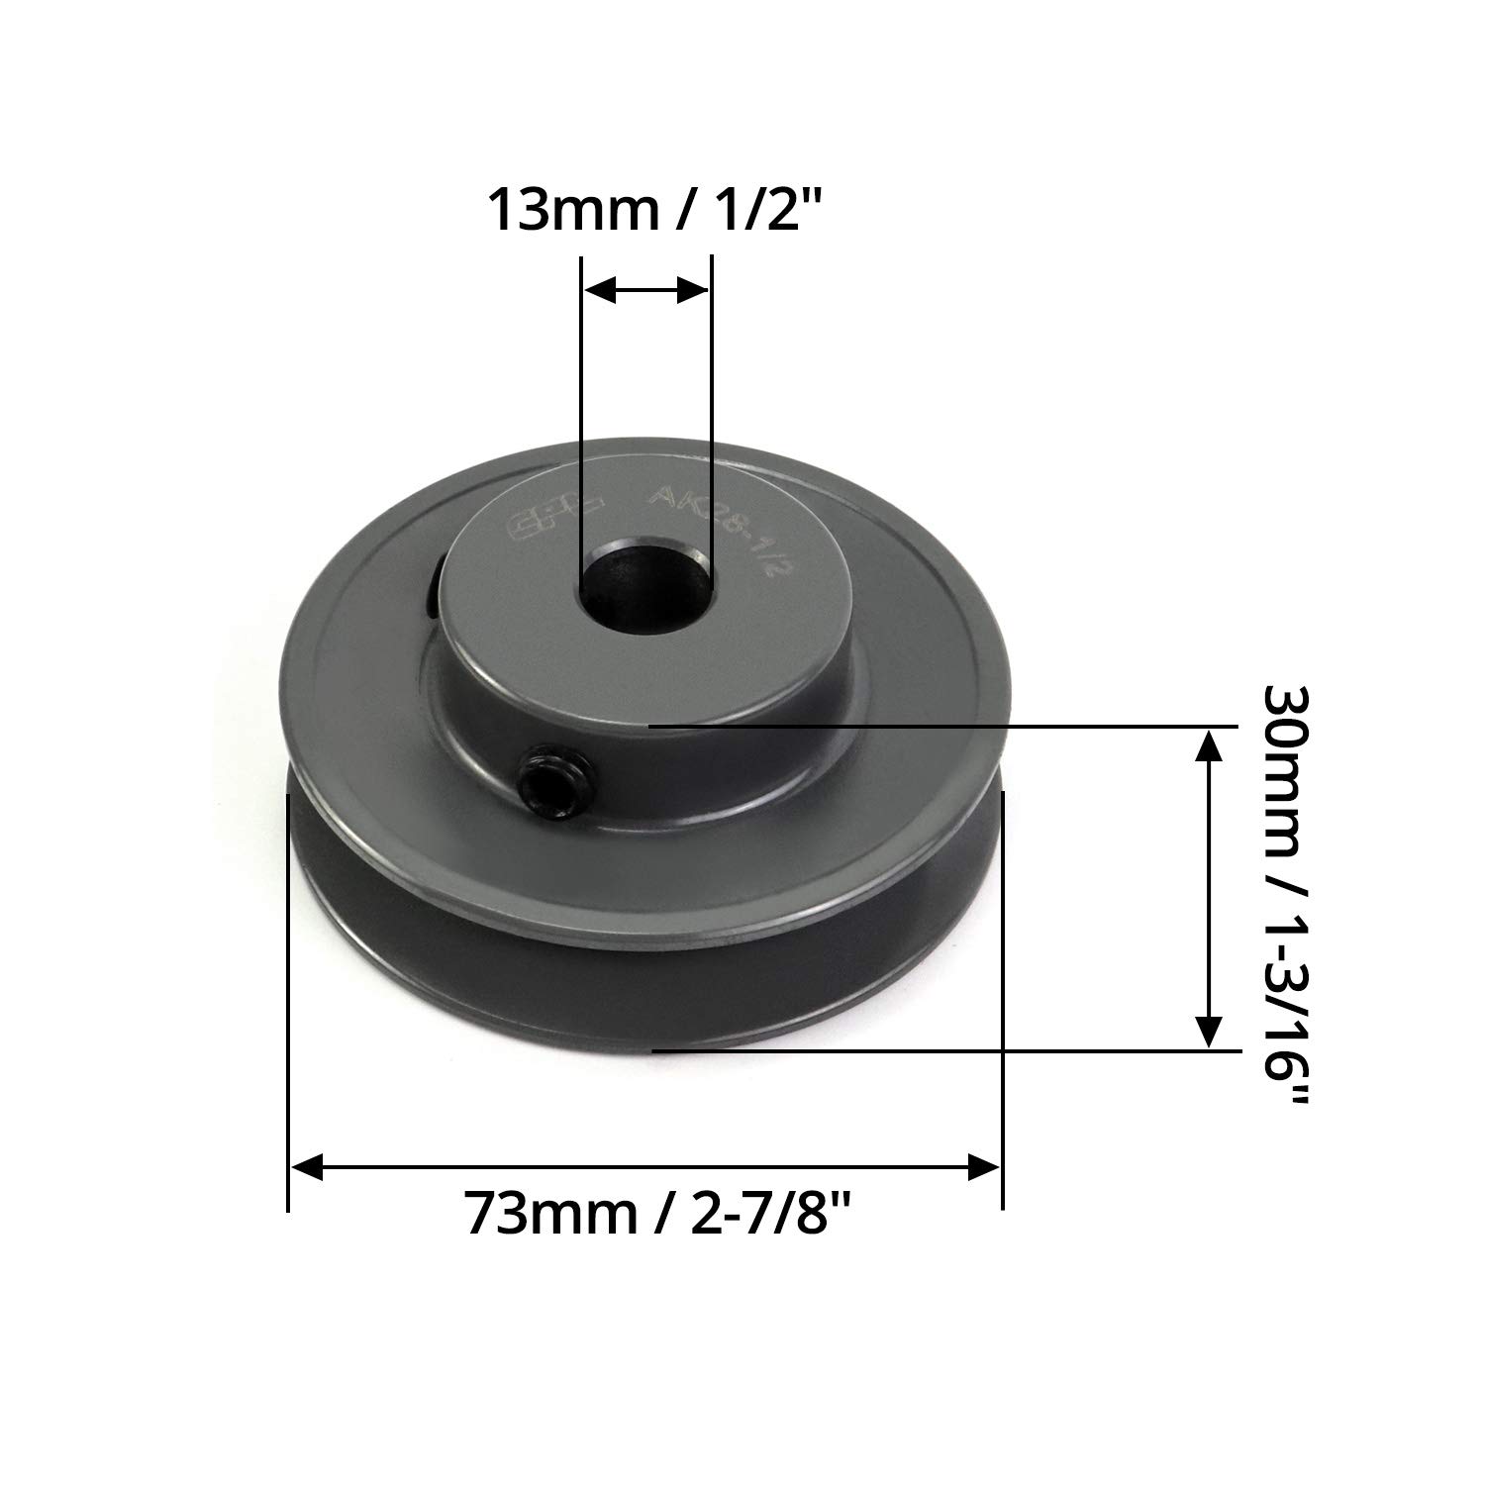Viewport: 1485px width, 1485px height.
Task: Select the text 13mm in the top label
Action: coord(563,210)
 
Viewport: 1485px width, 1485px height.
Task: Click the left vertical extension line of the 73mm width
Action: coord(288,990)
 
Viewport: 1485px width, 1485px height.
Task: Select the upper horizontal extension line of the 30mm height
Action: coord(940,726)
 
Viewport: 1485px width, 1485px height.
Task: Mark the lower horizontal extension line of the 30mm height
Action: coord(940,1049)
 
